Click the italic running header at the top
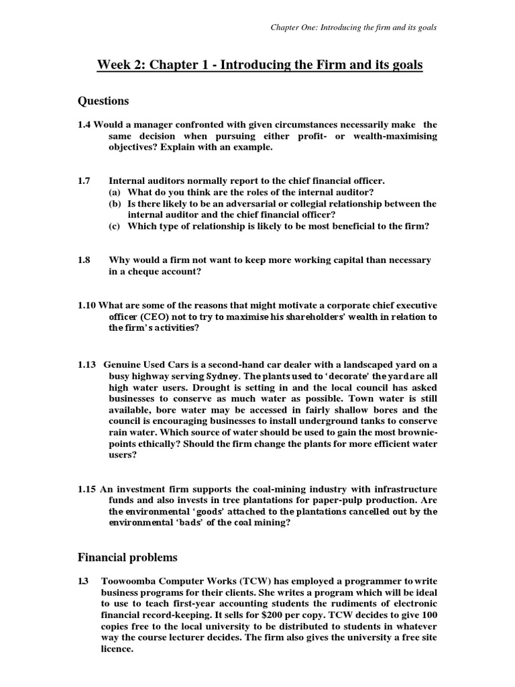[x=353, y=28]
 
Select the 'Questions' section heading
[x=103, y=101]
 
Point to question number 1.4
[x=84, y=125]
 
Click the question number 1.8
[x=85, y=260]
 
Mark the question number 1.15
[x=87, y=487]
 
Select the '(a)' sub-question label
[x=115, y=192]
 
